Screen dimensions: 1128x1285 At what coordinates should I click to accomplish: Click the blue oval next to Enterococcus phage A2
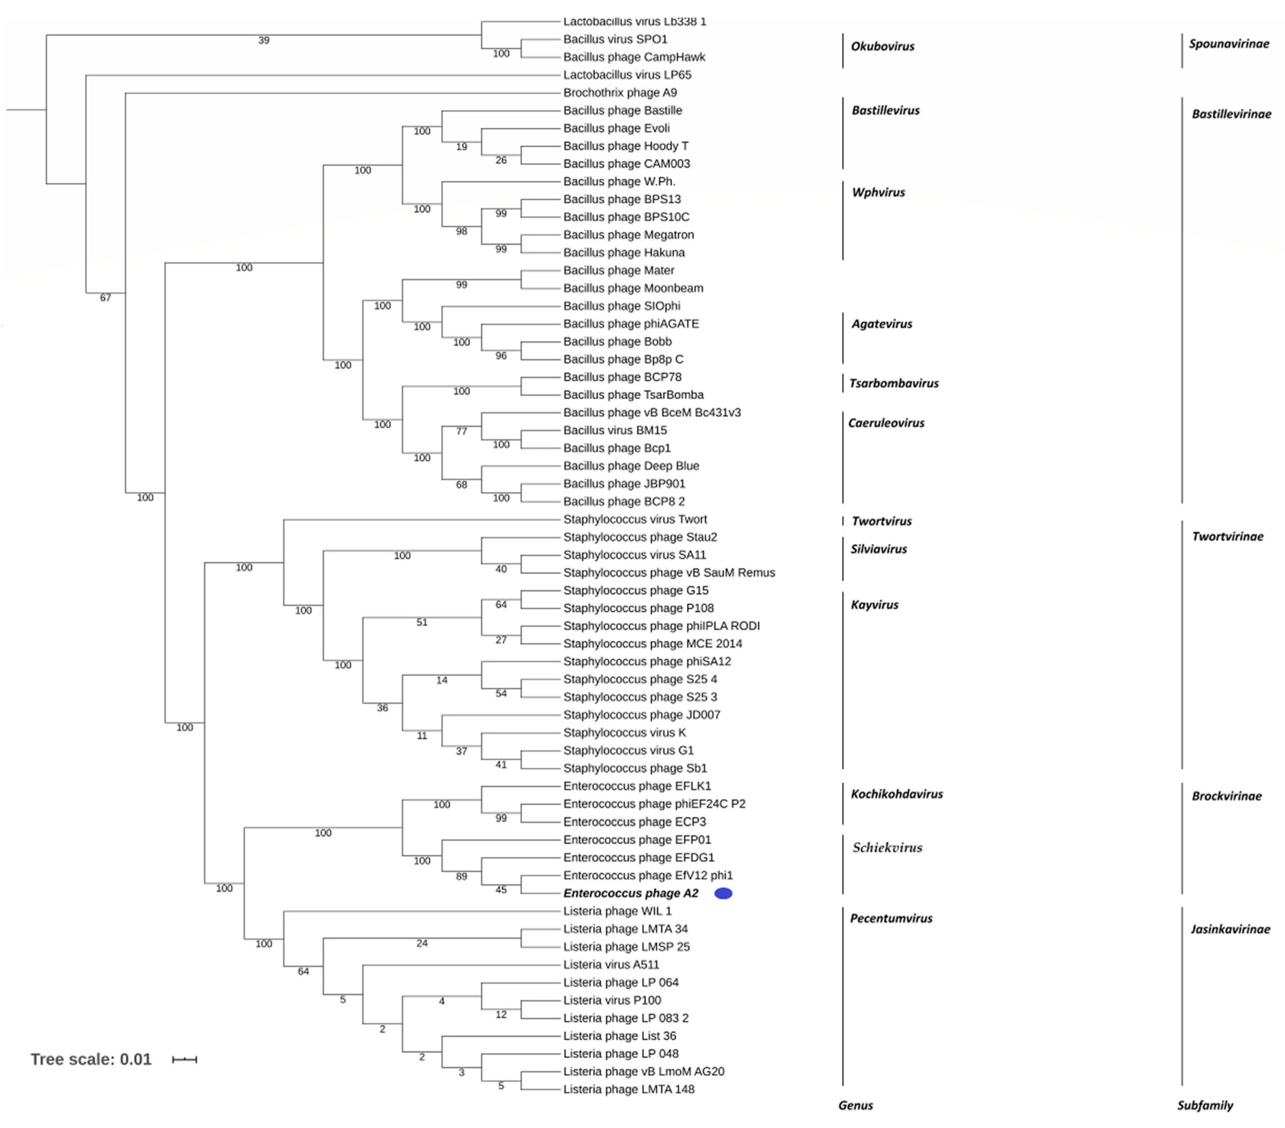(723, 893)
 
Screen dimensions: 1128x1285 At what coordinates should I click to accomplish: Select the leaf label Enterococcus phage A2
(631, 893)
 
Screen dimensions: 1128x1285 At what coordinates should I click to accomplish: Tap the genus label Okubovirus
(882, 46)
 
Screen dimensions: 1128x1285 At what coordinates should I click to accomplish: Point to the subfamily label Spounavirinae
(1228, 44)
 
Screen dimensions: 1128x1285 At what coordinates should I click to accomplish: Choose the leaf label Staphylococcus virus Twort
(635, 519)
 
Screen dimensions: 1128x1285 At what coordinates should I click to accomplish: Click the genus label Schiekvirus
(887, 847)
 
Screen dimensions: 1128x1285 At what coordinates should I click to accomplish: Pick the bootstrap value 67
(106, 298)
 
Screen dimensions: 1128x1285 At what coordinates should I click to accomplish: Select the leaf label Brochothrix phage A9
(620, 92)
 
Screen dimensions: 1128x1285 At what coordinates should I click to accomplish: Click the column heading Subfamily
(1205, 1105)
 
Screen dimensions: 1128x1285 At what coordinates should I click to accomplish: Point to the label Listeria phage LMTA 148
(629, 1090)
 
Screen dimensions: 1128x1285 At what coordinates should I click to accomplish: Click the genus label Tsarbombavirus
(894, 384)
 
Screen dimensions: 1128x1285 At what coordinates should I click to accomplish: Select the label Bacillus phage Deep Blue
(631, 466)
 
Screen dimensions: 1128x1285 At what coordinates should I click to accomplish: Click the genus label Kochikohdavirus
(896, 794)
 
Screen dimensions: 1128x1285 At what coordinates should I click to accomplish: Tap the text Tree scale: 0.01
(91, 1060)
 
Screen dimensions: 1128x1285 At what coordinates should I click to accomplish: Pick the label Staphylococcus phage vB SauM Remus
(669, 573)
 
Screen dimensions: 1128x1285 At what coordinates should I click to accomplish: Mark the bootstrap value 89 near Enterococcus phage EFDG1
(461, 876)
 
